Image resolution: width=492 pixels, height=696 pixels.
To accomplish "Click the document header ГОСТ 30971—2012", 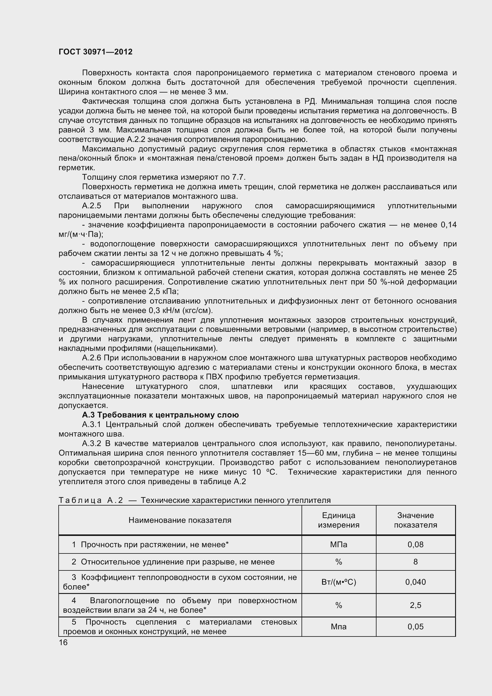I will pos(96,52).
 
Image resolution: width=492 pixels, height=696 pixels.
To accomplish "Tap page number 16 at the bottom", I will pos(63,642).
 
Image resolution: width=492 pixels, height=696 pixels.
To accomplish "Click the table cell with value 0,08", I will pos(415,545).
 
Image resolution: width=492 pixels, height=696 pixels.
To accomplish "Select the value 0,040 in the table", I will pos(415,582).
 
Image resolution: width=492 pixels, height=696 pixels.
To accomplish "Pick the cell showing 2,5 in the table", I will pos(415,605).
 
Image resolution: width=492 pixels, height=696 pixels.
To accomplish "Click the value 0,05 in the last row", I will pos(415,627).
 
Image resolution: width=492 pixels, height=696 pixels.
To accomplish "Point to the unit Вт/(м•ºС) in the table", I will pos(339,582).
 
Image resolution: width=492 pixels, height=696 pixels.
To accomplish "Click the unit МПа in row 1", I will pos(339,545).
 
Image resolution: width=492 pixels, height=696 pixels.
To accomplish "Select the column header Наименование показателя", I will pos(180,520).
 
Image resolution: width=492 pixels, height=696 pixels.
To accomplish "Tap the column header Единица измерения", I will pos(339,520).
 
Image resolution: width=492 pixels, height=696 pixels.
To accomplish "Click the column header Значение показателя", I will pos(415,520).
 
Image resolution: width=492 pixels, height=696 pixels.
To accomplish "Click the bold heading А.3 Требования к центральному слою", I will pos(160,415).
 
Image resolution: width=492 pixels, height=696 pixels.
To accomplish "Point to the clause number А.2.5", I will pos(92,206).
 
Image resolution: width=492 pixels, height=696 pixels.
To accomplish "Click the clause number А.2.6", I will pos(92,358).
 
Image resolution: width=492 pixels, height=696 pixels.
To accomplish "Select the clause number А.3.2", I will pos(92,443).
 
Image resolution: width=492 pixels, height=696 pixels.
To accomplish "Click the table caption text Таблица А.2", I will pos(91,500).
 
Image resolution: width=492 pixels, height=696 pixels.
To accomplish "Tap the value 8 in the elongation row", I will pos(415,562).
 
